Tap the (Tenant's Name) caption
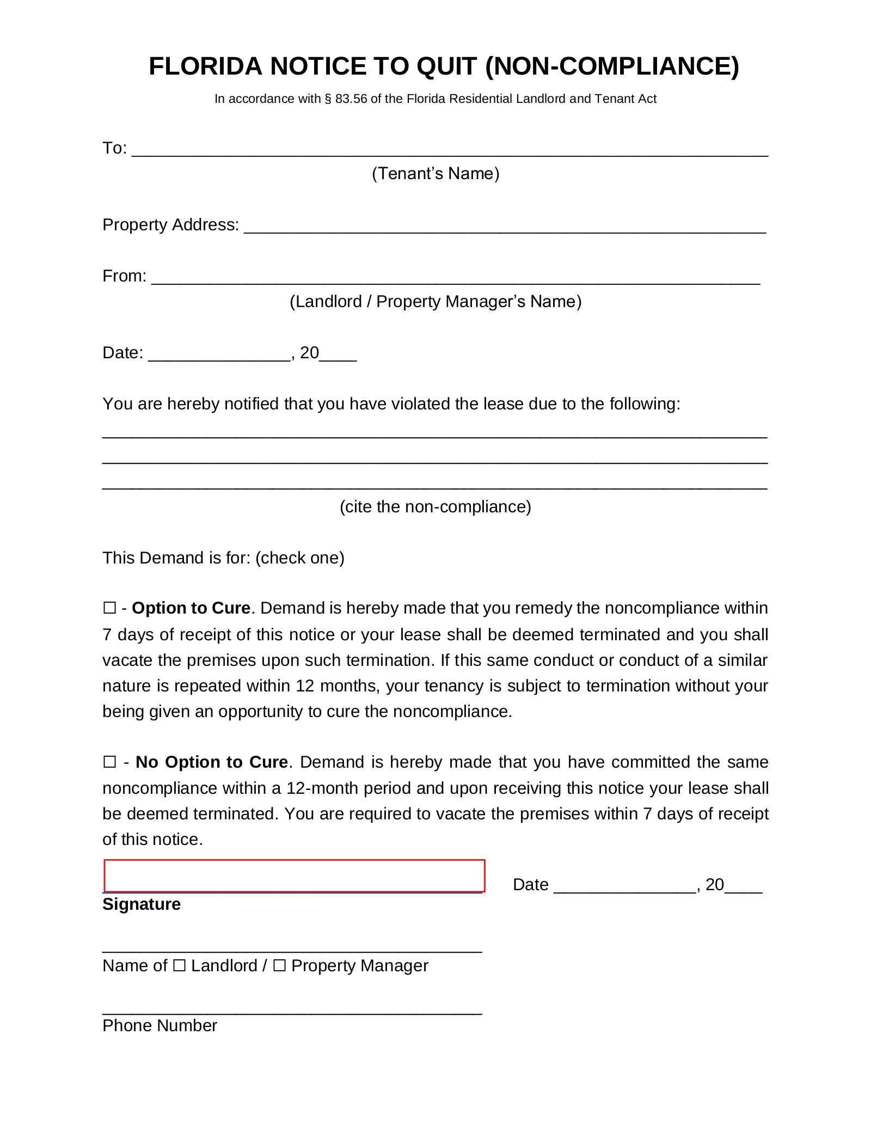pos(436,174)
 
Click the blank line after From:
pos(455,278)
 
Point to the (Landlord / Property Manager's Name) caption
pos(436,302)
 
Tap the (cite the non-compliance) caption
pos(436,507)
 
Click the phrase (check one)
pos(300,558)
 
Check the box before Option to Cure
pos(109,608)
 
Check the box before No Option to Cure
pos(109,762)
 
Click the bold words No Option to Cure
pos(212,762)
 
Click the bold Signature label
pos(142,904)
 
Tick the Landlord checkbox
pos(179,966)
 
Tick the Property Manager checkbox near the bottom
pos(279,966)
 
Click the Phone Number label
pos(160,1026)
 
